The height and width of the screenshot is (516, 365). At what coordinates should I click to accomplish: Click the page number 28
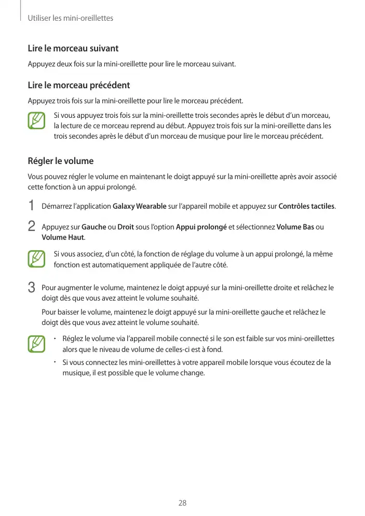182,503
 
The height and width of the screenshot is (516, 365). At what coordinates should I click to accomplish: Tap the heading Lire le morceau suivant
73,48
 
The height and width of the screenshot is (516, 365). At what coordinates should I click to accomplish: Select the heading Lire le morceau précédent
78,85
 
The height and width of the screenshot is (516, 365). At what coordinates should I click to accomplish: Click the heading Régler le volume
60,161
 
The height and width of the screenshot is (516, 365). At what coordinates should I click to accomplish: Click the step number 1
31,206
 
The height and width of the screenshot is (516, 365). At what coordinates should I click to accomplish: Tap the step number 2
32,226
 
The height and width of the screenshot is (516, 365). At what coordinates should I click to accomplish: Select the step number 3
32,287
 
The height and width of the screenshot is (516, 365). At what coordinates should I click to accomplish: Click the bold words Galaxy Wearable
140,207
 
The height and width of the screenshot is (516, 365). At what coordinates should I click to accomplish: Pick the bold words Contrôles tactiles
306,207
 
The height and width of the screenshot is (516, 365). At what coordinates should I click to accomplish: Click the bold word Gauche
94,227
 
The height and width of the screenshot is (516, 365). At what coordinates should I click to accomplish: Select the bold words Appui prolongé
201,227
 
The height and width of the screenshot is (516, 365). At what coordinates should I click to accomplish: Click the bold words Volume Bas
295,227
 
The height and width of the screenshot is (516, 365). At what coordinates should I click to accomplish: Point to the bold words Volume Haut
62,237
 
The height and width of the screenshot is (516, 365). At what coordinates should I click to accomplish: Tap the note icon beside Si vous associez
36,259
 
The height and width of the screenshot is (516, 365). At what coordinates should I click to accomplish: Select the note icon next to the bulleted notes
36,344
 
